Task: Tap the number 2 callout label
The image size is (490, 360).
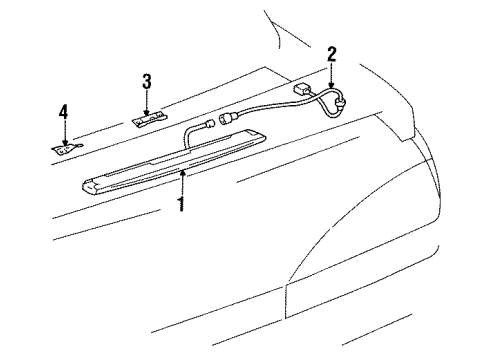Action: [x=332, y=53]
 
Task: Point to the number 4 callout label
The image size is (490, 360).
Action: [x=63, y=113]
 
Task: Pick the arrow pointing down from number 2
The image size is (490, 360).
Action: [x=331, y=76]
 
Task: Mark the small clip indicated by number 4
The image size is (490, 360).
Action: [x=65, y=148]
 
